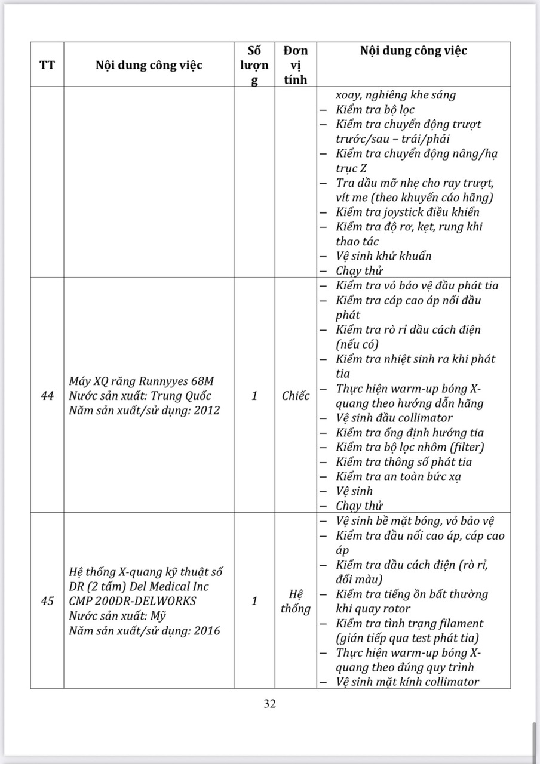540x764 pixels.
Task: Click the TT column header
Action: click(x=47, y=65)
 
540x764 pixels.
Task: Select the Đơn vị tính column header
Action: click(x=296, y=64)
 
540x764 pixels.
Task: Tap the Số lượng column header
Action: click(x=254, y=64)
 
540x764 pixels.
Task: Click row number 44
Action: click(x=47, y=396)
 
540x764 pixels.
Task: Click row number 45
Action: click(x=47, y=601)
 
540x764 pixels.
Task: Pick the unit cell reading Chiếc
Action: click(x=296, y=396)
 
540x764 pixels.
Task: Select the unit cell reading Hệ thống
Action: click(x=296, y=601)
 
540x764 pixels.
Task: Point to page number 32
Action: click(x=270, y=704)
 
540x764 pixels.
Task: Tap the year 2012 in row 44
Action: click(x=207, y=410)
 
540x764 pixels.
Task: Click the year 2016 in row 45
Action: click(x=207, y=630)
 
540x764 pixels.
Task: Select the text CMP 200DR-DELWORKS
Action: click(x=132, y=601)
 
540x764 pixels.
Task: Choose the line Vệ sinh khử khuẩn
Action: click(x=383, y=256)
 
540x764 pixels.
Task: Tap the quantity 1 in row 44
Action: click(x=254, y=396)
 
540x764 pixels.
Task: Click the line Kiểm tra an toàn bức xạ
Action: click(x=398, y=476)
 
